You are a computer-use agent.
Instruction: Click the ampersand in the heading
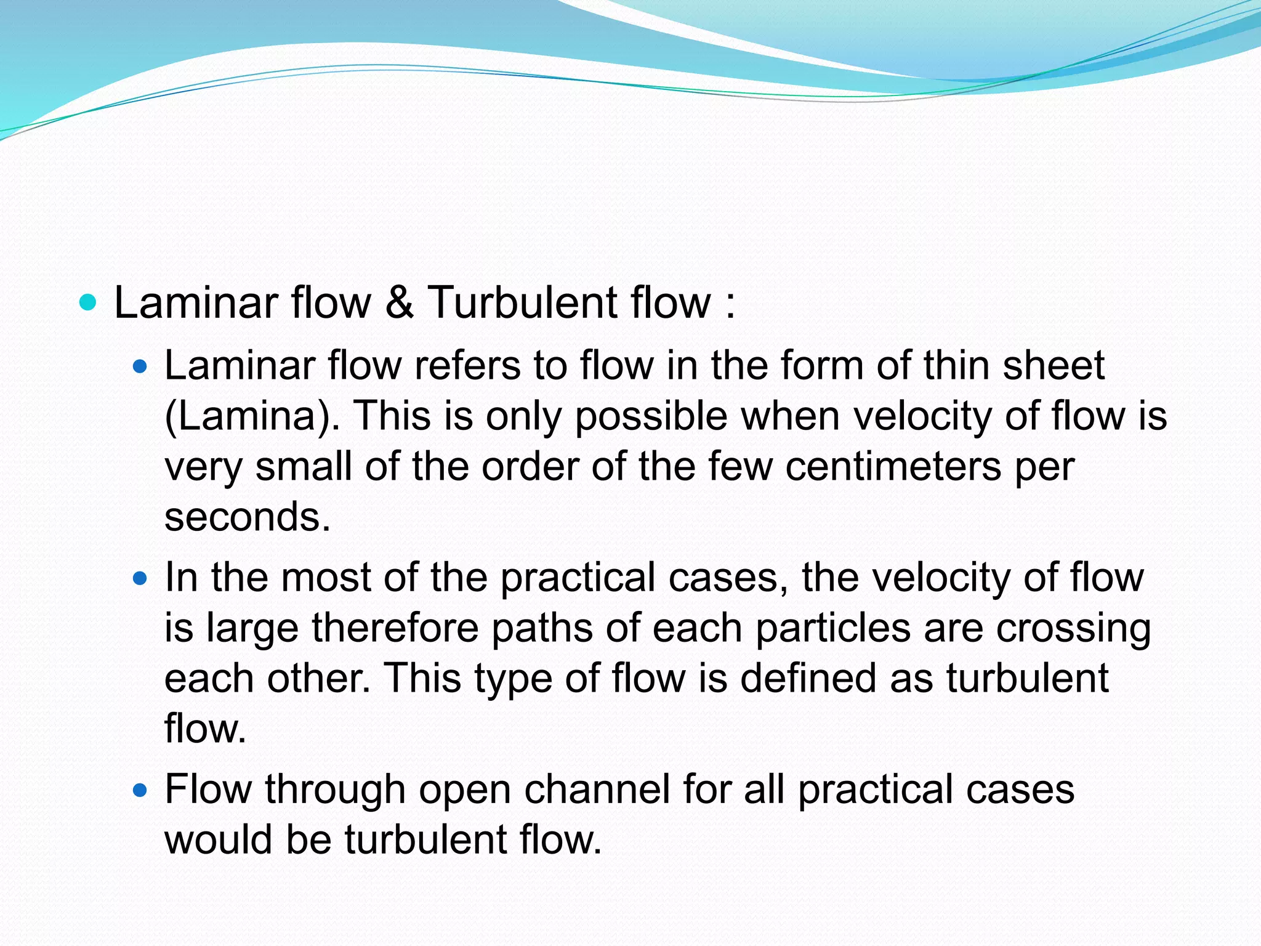pyautogui.click(x=400, y=302)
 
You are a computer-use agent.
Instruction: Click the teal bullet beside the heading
pyautogui.click(x=89, y=302)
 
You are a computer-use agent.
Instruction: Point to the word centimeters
pyautogui.click(x=893, y=466)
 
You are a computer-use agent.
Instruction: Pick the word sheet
pyautogui.click(x=1054, y=365)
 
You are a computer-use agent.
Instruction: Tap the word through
pyautogui.click(x=335, y=790)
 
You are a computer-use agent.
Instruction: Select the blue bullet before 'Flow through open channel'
pyautogui.click(x=141, y=790)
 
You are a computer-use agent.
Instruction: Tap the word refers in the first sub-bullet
pyautogui.click(x=467, y=365)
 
